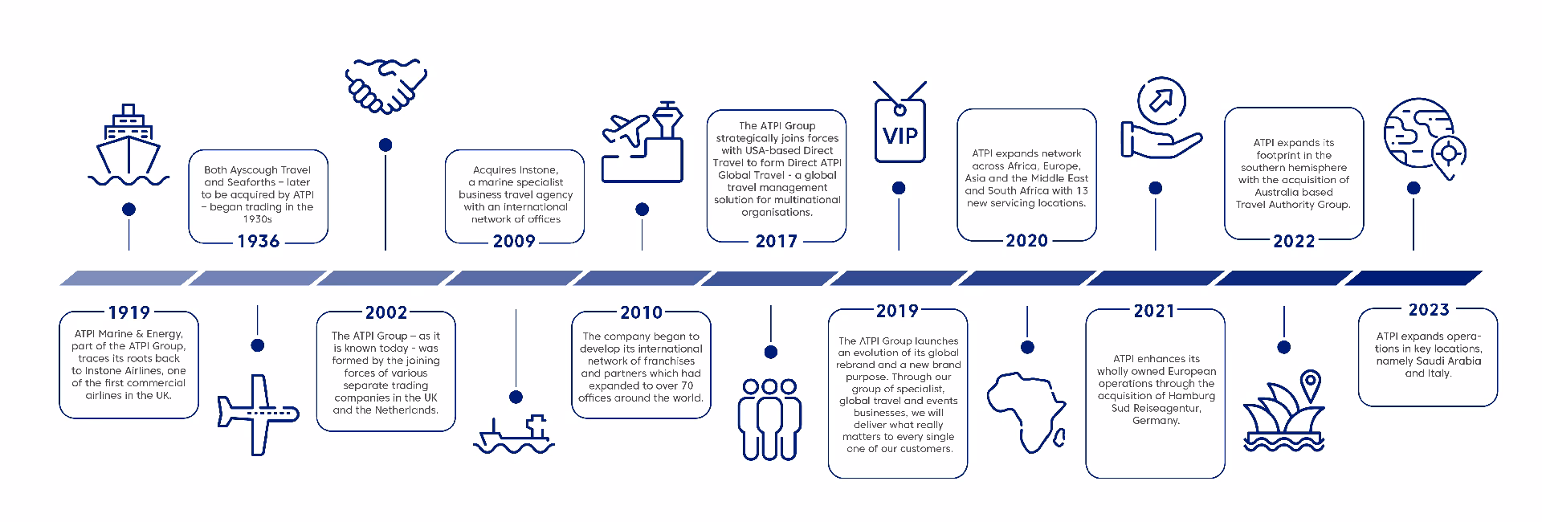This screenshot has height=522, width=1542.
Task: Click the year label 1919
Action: pyautogui.click(x=128, y=313)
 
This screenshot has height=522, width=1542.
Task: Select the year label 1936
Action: pyautogui.click(x=258, y=242)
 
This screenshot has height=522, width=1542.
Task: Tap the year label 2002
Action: pyautogui.click(x=386, y=312)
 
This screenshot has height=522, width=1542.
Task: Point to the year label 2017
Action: pyautogui.click(x=777, y=241)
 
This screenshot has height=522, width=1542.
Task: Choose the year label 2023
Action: pyautogui.click(x=1429, y=309)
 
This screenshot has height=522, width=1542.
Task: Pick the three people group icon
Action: pyautogui.click(x=771, y=418)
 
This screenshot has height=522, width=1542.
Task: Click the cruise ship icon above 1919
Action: pyautogui.click(x=128, y=145)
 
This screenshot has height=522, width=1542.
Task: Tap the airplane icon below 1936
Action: pyautogui.click(x=258, y=414)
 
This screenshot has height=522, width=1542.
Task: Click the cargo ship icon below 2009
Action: pyautogui.click(x=515, y=434)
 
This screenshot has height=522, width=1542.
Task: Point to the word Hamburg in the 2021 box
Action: pyautogui.click(x=1192, y=396)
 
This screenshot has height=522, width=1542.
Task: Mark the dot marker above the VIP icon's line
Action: pyautogui.click(x=899, y=188)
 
